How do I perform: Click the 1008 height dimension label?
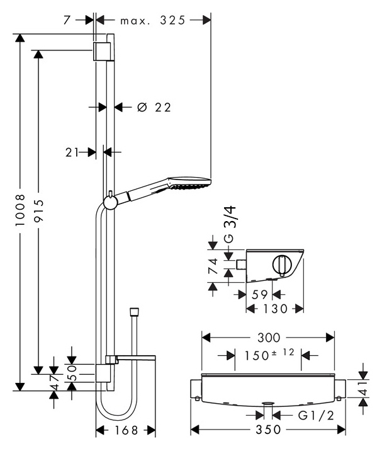coord(20,210)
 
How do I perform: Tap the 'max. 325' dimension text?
coord(153,20)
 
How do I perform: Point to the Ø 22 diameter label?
coord(154,108)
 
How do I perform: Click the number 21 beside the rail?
coord(72,152)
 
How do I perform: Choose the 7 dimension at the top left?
coord(67,20)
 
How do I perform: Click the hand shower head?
coord(190,183)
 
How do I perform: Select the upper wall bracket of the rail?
coord(102,52)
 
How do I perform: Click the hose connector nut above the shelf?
coord(134,312)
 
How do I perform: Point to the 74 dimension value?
coord(213,266)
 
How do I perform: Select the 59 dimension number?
coord(259,295)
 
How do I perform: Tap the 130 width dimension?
coord(275,309)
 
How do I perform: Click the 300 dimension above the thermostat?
coord(269,338)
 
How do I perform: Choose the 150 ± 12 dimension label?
coord(269,355)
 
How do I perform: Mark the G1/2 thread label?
coord(316,415)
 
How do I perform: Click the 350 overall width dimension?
coord(268,430)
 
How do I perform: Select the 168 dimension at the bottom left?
coord(126,430)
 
